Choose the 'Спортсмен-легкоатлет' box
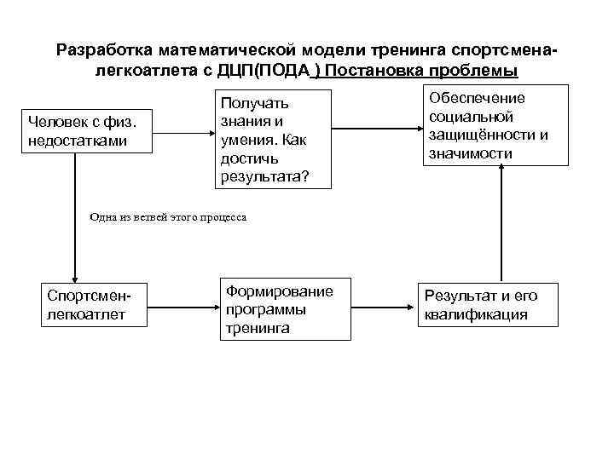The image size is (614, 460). [97, 305]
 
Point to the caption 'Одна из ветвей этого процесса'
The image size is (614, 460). [168, 217]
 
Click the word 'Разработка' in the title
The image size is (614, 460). [98, 49]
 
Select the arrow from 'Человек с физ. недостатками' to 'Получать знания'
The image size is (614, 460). [183, 131]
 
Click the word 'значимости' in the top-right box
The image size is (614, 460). [472, 153]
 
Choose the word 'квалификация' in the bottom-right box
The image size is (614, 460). [476, 314]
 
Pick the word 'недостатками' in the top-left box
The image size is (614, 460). [77, 140]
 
